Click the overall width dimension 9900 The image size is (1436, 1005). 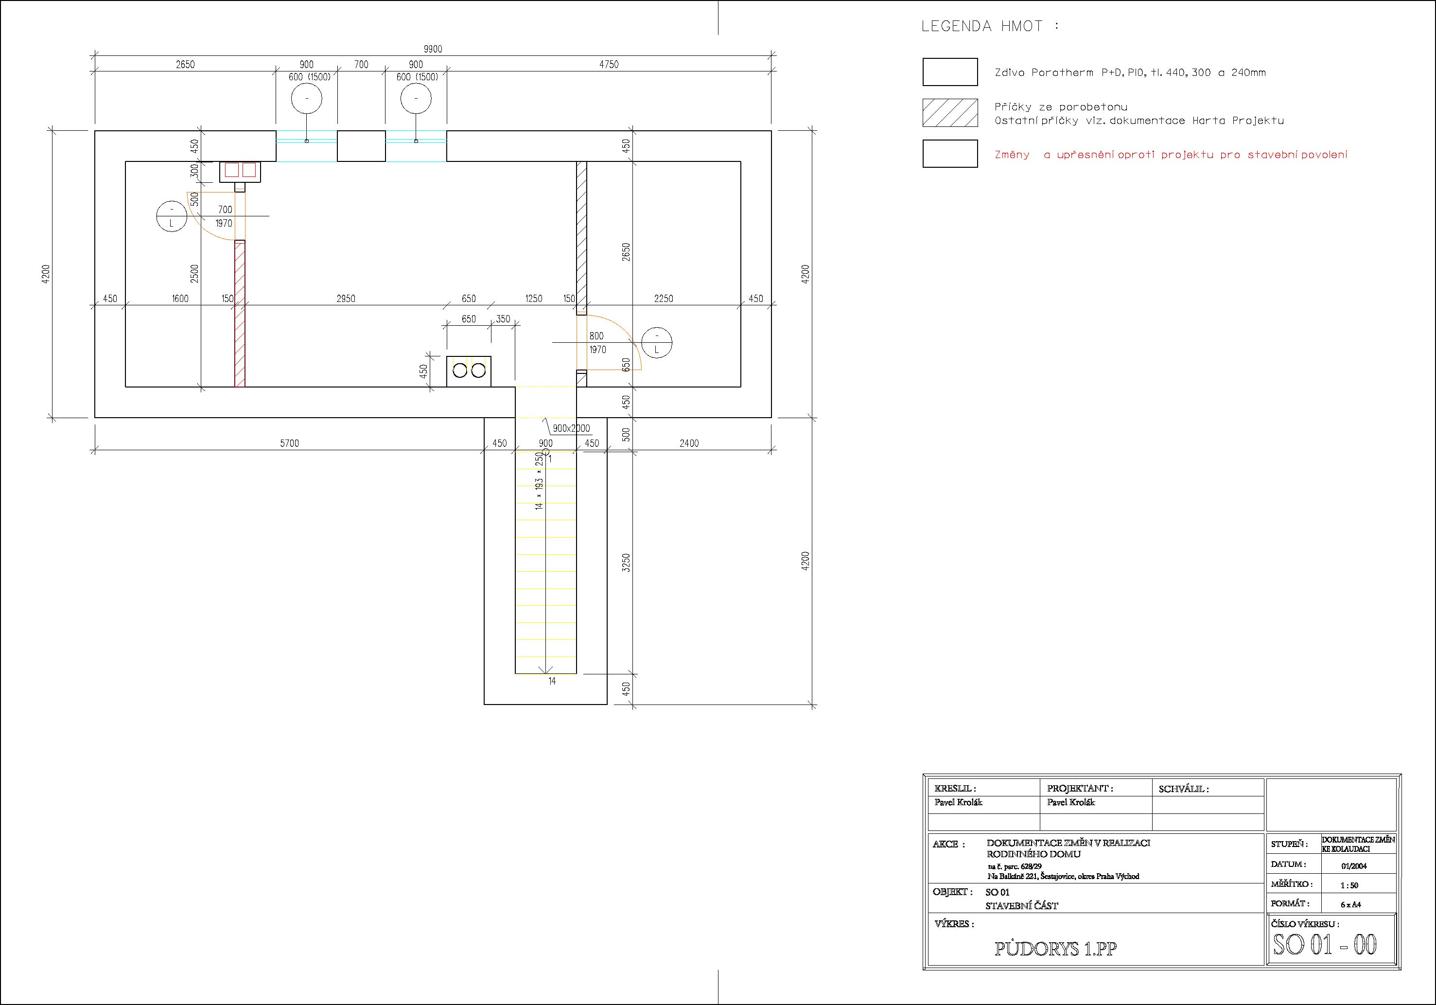click(433, 49)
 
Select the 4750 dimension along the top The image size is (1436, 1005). click(609, 64)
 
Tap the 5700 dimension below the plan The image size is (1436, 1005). click(290, 443)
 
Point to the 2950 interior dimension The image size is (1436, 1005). click(346, 299)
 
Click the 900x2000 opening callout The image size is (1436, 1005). click(571, 428)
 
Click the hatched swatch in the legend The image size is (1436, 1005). click(950, 113)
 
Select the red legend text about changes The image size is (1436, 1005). click(1171, 155)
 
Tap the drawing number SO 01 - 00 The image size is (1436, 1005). click(1325, 944)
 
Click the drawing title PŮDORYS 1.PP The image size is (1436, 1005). click(1056, 949)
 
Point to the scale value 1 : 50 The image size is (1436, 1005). click(1349, 885)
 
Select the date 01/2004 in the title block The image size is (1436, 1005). click(1354, 866)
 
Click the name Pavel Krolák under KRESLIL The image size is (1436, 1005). click(958, 802)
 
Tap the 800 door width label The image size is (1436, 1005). click(596, 336)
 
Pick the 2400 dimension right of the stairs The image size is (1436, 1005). click(689, 443)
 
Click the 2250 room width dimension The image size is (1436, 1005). click(664, 299)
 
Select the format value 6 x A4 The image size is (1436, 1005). click(1351, 904)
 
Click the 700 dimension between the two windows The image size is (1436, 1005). click(362, 64)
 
